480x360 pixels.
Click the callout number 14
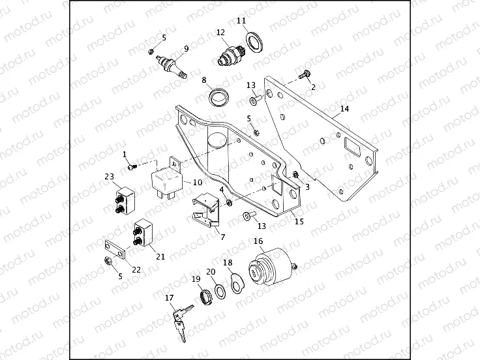pos(344,108)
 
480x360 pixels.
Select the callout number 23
pos(109,177)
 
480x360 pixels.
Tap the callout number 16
pos(258,241)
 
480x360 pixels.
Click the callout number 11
pos(241,21)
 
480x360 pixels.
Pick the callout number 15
pos(299,222)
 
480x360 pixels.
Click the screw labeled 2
pos(305,77)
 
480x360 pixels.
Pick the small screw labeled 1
pos(132,168)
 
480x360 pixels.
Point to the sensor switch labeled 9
pos(172,65)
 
